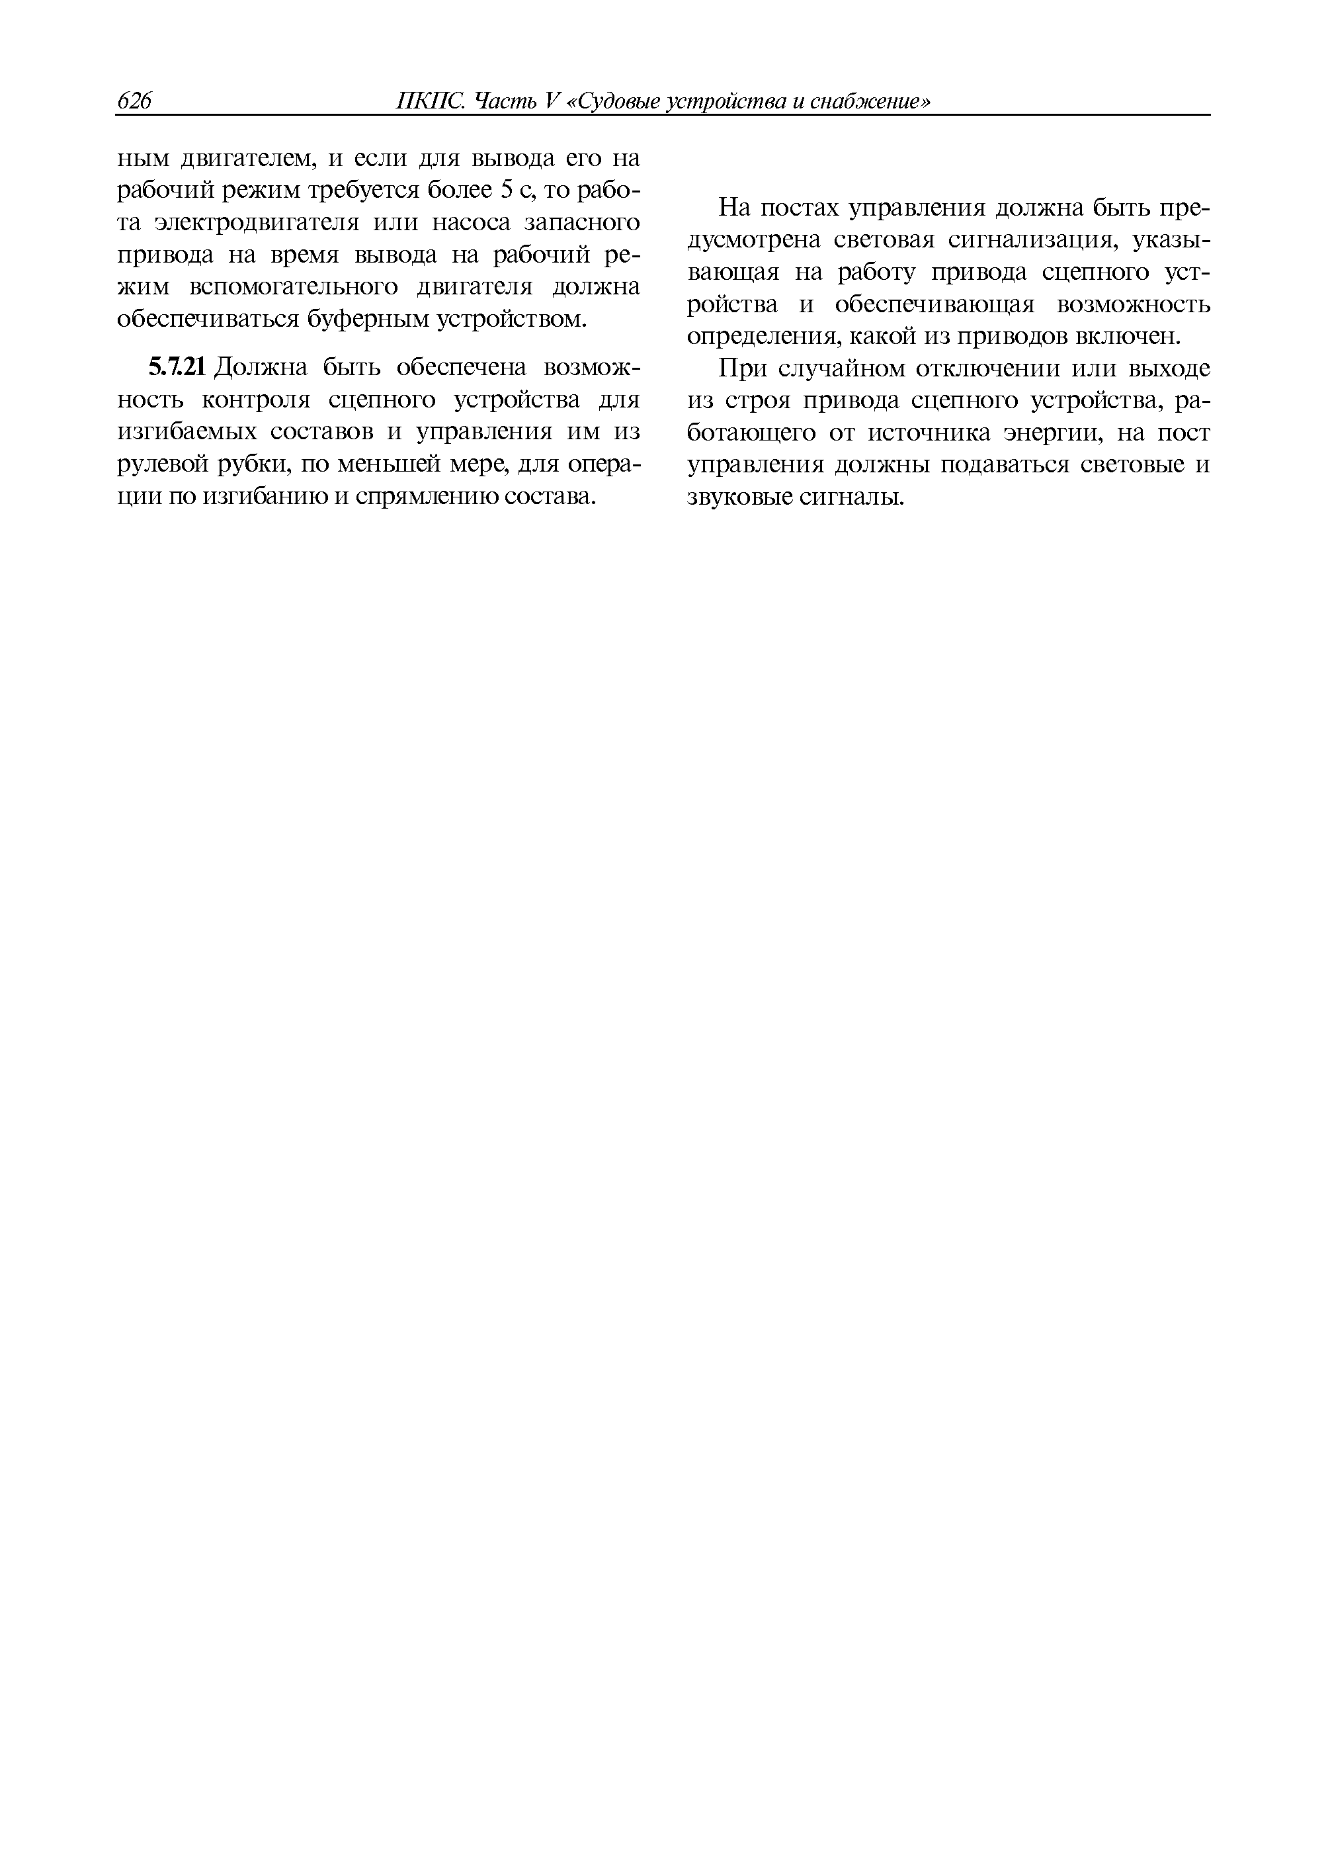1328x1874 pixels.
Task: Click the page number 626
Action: [135, 101]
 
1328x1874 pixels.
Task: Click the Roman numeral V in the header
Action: [550, 101]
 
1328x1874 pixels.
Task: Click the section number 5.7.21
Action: [177, 368]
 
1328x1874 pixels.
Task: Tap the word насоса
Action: [474, 222]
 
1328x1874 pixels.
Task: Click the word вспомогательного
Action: [295, 287]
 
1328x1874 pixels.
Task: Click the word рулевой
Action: [158, 464]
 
